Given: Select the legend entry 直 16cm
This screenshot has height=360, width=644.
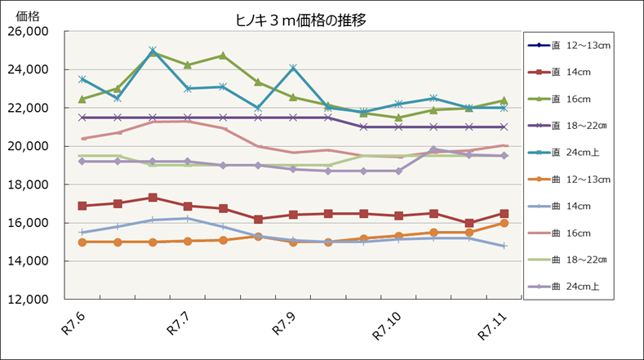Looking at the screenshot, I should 571,99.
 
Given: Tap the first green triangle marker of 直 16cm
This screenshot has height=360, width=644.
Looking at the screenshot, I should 82,99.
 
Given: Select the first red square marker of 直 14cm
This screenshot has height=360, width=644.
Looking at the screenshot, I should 82,206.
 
